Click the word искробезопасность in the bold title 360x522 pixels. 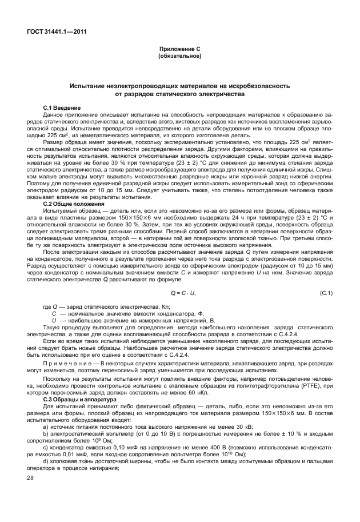click(259, 85)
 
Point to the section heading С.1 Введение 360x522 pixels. click(62, 107)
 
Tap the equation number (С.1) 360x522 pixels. click(325, 293)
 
